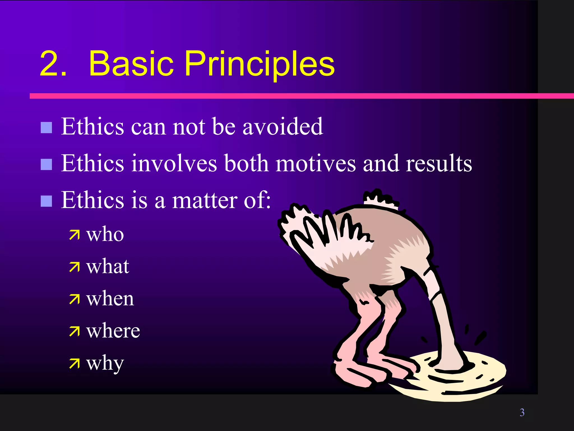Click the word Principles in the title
point(259,64)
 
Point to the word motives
point(316,163)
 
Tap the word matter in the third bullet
point(204,200)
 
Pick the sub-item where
point(113,331)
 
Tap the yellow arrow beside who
point(74,235)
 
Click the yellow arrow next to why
point(74,364)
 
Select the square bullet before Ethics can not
point(46,127)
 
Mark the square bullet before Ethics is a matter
point(46,201)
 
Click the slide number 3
point(522,412)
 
